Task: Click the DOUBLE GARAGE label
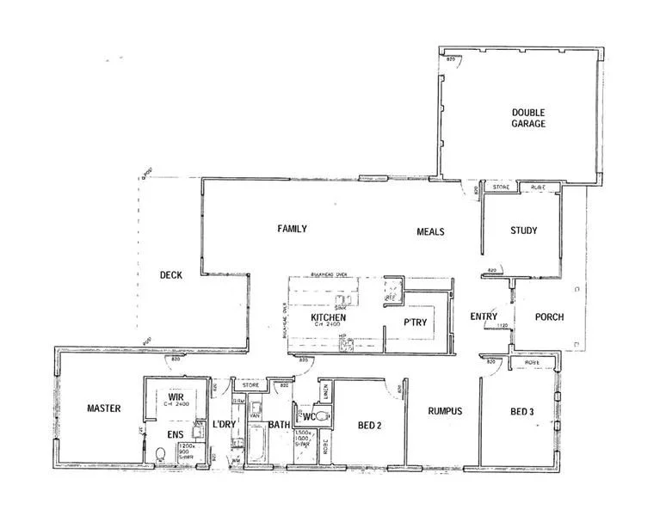pos(528,118)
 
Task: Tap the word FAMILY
pos(292,229)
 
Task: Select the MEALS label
pos(430,231)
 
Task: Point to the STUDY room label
pos(523,230)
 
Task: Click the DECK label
pos(170,275)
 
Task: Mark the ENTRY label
pos(484,316)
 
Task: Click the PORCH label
pos(549,316)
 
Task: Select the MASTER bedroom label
pos(104,408)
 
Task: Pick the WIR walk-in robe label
pos(179,396)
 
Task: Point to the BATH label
pos(278,425)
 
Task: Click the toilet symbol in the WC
pos(322,416)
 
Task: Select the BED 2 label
pos(370,424)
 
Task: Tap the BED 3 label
pos(522,412)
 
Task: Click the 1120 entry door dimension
pos(502,326)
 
